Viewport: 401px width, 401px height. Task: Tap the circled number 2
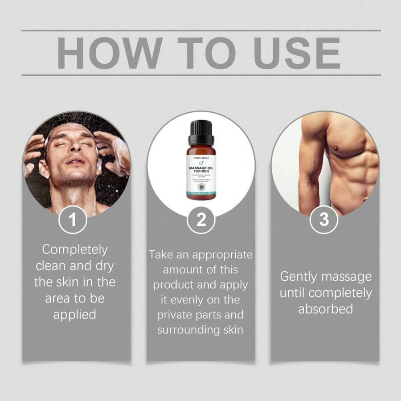pos(200,220)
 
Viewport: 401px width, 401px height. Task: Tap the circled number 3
pos(324,220)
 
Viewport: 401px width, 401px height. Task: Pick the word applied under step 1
pos(75,314)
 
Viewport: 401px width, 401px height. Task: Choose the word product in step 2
pos(178,285)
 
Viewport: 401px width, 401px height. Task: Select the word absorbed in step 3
pos(325,309)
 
